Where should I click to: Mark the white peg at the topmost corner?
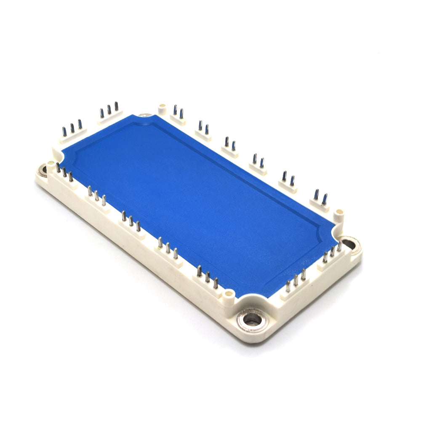click(162, 108)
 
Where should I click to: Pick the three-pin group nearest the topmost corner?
click(109, 110)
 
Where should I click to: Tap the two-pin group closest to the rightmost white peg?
click(320, 198)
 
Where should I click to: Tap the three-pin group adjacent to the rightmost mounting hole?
click(332, 253)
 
